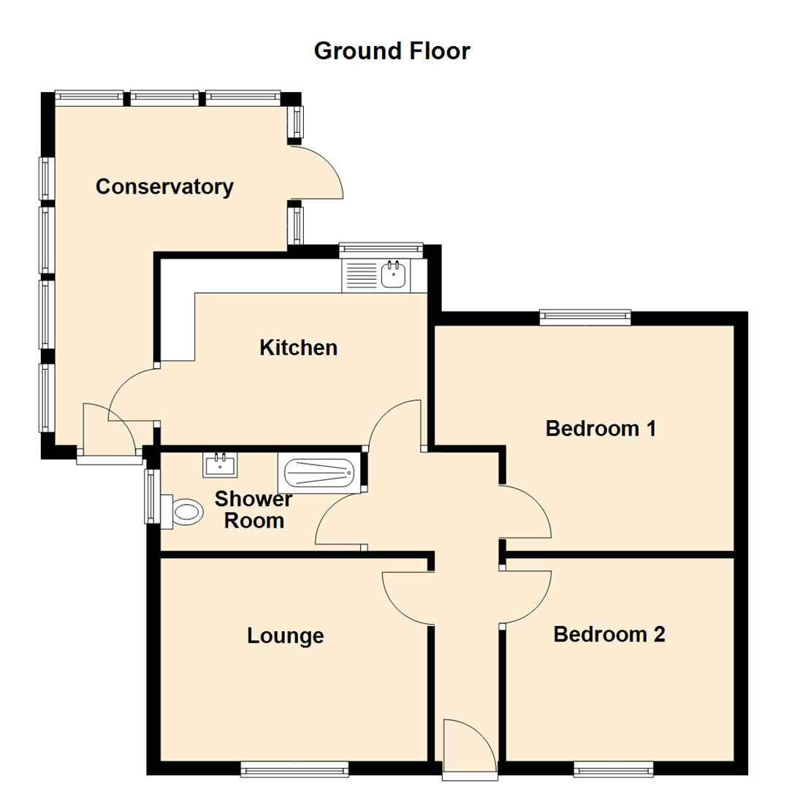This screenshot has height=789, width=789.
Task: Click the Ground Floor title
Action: click(x=392, y=51)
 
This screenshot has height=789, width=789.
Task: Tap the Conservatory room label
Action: click(x=164, y=187)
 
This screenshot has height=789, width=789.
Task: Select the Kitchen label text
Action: click(x=298, y=348)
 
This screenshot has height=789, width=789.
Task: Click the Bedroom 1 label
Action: click(x=601, y=428)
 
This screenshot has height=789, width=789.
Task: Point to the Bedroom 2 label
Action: click(x=609, y=634)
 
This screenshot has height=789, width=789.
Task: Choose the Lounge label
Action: click(x=285, y=636)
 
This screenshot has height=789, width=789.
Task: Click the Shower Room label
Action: click(x=254, y=510)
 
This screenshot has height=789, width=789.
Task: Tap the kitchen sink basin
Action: click(x=394, y=275)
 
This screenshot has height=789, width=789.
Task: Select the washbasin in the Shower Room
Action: click(x=219, y=464)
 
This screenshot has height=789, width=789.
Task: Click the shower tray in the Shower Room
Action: click(x=319, y=473)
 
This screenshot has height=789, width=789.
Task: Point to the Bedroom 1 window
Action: click(x=584, y=316)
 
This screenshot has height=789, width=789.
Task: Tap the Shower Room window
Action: click(x=151, y=496)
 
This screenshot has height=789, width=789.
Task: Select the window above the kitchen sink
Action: click(x=381, y=249)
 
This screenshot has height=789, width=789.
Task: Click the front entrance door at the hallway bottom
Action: click(x=470, y=745)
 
